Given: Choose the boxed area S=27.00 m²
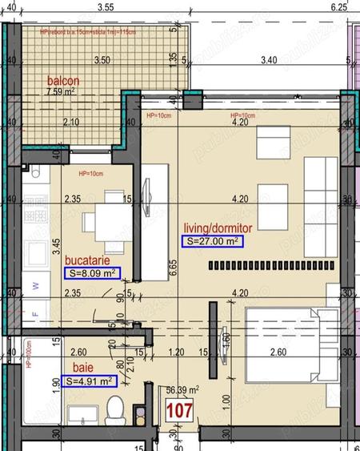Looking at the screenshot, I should (212, 241).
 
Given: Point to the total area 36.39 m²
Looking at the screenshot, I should (180, 391).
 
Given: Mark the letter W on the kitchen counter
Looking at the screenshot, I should (34, 285).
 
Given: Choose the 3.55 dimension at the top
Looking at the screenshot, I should (102, 6).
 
